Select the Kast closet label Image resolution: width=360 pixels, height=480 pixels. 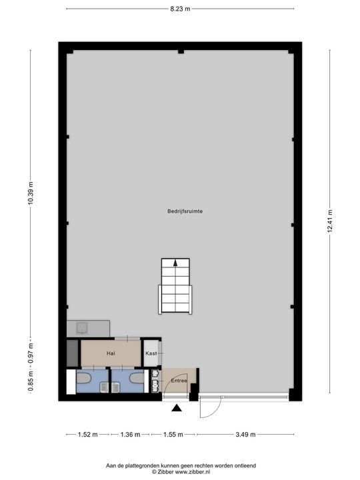click(151, 353)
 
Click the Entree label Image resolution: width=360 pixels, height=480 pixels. click(179, 380)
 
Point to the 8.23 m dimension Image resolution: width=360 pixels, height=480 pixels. click(180, 9)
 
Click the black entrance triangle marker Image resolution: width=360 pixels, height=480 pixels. click(177, 409)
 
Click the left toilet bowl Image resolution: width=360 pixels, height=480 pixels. click(84, 378)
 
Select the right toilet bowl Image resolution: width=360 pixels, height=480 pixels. click(137, 378)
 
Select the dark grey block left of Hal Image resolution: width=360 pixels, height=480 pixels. click(72, 353)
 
